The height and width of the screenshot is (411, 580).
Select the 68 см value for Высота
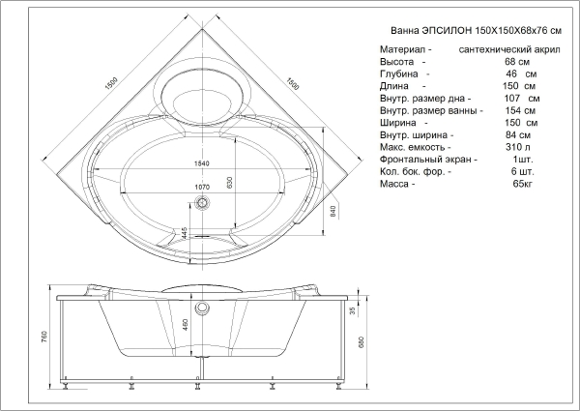[514, 60]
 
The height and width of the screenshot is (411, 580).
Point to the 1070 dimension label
[202, 186]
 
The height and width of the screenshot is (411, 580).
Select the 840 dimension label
[333, 210]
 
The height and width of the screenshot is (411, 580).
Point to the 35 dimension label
[353, 311]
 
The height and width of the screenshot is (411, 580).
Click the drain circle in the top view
[203, 203]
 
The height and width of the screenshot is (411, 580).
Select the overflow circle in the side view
[203, 309]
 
